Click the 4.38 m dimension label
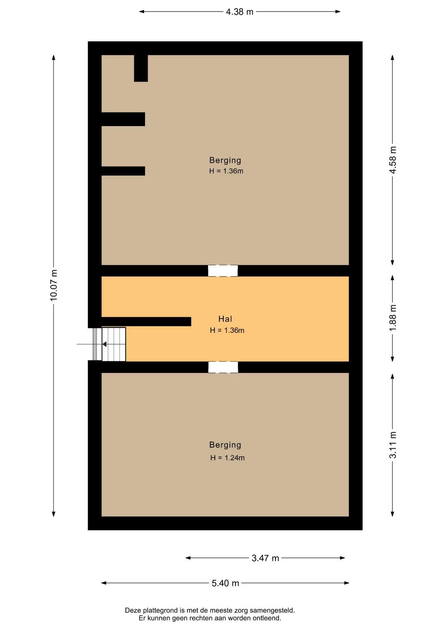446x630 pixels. (239, 12)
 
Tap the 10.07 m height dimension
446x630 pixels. (54, 285)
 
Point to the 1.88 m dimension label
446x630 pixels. (393, 318)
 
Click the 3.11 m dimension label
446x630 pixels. (393, 445)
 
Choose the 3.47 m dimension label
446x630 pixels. (265, 558)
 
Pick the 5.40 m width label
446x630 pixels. (225, 583)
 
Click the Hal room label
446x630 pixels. (225, 319)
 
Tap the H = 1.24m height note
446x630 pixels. (227, 458)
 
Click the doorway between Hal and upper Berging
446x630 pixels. (223, 271)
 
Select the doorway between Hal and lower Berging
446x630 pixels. (223, 367)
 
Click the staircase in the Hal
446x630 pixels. (114, 344)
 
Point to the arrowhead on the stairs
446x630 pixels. (104, 344)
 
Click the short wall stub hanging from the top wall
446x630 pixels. (141, 68)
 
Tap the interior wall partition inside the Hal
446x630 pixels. (146, 322)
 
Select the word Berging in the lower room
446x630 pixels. (225, 445)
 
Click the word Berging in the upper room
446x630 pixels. (225, 160)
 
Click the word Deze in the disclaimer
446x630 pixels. (132, 610)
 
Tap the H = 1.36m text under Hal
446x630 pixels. (227, 330)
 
